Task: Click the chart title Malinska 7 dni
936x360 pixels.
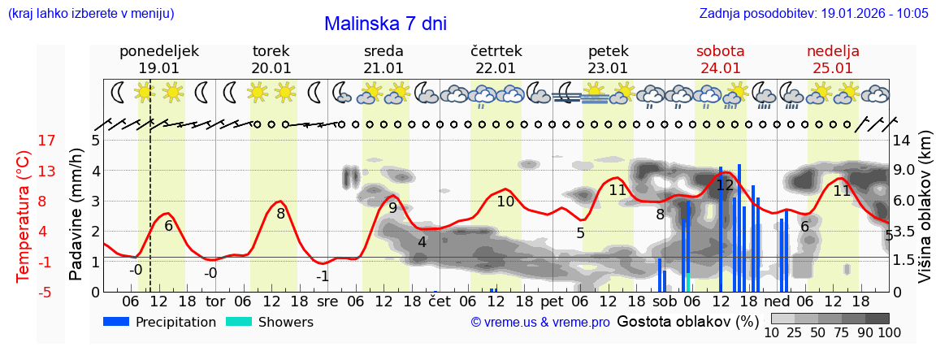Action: (385, 24)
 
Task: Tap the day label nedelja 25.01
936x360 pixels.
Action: (833, 59)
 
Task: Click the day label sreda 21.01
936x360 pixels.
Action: (383, 59)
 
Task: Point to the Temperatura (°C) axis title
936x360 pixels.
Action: (24, 215)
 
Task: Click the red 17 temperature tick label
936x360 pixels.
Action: (24, 141)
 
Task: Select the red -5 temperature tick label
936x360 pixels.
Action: (24, 292)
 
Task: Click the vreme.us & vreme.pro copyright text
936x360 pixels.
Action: (540, 323)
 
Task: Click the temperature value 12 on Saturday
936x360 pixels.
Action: (725, 185)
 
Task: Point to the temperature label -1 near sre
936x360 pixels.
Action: (323, 276)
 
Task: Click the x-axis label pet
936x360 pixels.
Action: (552, 301)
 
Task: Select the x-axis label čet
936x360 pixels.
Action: (439, 301)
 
